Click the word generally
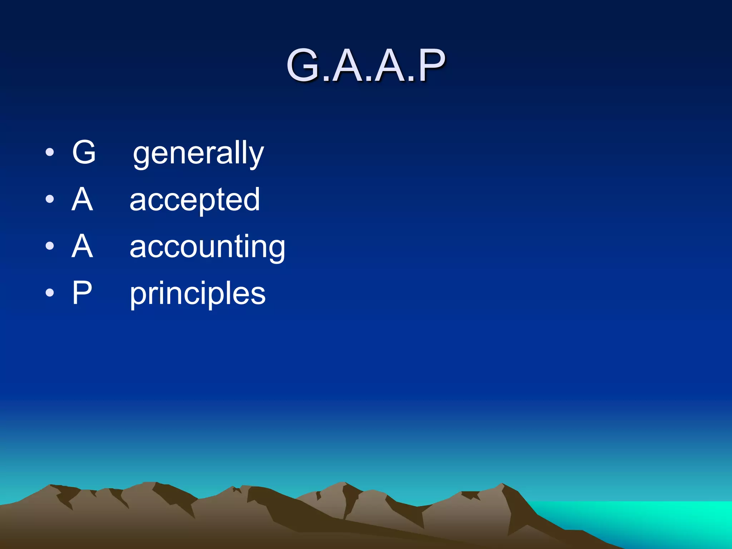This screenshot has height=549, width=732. click(x=198, y=154)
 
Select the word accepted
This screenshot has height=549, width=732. click(x=195, y=200)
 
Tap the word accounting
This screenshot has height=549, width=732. click(x=207, y=247)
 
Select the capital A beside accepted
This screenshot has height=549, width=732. click(x=82, y=199)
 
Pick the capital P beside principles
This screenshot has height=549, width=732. click(x=82, y=293)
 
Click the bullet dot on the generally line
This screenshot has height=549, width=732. click(x=50, y=153)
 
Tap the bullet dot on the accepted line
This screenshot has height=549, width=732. click(x=50, y=199)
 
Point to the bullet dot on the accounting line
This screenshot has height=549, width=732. click(x=50, y=246)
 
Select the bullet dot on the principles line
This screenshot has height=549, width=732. click(x=50, y=293)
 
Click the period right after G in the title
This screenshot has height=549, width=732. click(x=325, y=79)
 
